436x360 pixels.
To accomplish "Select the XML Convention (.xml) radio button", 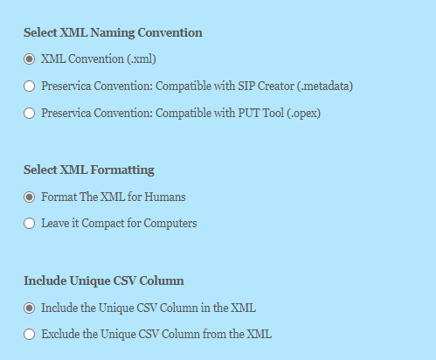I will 30,59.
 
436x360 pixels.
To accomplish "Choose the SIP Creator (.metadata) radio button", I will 30,86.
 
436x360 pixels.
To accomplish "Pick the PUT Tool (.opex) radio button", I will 30,113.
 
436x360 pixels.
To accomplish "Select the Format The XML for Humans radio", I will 30,197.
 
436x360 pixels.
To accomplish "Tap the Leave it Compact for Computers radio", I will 30,223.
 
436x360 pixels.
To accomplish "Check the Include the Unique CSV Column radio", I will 30,308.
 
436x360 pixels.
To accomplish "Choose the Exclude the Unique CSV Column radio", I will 30,334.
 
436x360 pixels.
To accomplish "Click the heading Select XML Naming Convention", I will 113,33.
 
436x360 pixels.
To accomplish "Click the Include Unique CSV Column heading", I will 103,280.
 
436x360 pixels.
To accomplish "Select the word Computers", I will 170,223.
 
